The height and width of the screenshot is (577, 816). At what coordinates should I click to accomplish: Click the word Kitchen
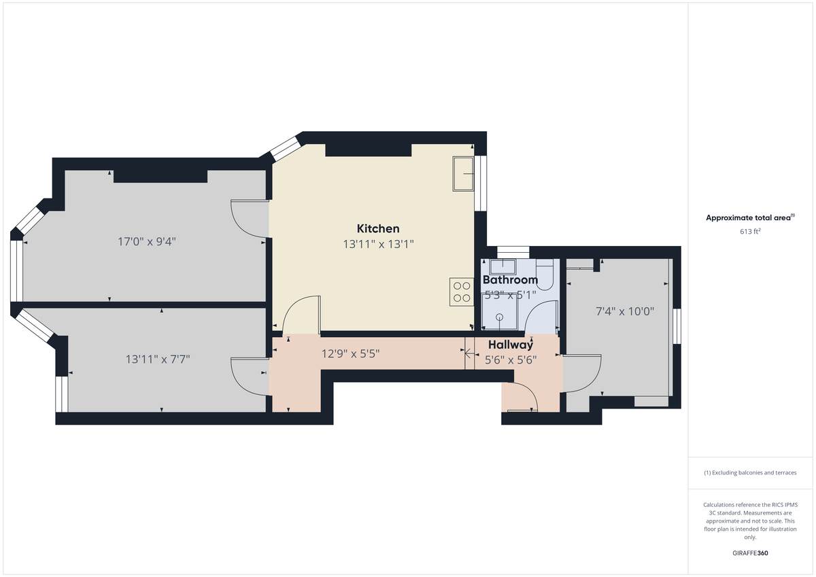378,228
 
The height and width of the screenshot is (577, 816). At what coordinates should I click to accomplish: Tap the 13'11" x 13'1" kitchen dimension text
378,244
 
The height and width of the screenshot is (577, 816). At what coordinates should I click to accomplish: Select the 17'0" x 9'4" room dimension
147,241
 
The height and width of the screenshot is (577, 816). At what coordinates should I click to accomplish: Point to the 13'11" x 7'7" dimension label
158,359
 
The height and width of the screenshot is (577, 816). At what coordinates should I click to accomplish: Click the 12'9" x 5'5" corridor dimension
350,353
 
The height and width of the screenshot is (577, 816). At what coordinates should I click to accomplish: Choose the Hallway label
510,345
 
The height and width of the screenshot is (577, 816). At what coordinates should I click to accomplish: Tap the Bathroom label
510,280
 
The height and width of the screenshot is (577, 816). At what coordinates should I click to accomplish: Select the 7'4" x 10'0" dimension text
625,312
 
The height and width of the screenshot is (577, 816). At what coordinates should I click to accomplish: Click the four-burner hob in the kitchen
462,292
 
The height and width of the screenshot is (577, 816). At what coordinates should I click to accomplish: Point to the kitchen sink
464,173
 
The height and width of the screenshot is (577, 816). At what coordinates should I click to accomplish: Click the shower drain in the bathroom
500,317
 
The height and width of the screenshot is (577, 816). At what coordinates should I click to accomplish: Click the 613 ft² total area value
749,232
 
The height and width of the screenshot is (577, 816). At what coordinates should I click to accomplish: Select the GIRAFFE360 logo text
749,553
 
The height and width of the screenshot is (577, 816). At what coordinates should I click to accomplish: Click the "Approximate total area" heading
749,218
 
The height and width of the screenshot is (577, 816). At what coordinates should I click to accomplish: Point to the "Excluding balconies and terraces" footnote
749,472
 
